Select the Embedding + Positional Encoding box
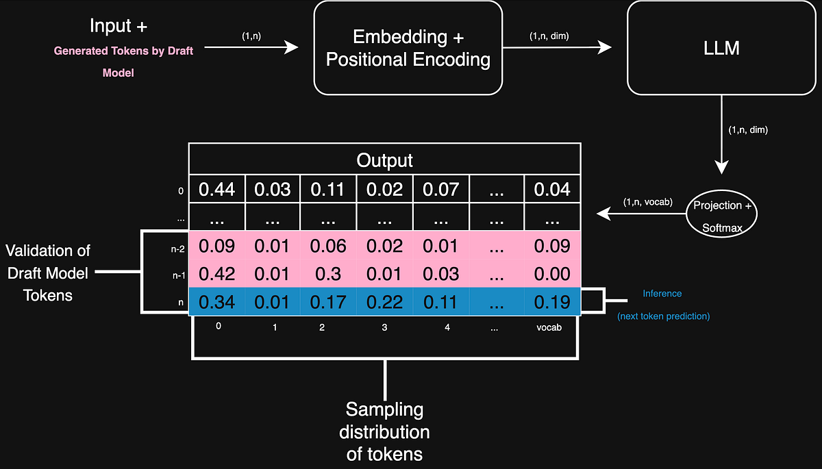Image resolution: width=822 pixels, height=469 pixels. [x=408, y=48]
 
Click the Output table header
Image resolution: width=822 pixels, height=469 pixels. [x=385, y=160]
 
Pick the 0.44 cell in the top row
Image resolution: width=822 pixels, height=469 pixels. [x=217, y=190]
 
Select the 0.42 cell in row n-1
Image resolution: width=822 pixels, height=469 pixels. [x=217, y=274]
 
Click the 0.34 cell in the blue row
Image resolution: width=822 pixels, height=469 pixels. [x=217, y=301]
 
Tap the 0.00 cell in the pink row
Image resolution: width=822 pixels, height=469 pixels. [x=552, y=274]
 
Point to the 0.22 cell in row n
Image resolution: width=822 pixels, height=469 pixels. [x=384, y=301]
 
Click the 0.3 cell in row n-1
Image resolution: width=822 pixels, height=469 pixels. [x=327, y=274]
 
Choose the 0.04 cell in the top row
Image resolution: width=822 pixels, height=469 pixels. [x=552, y=190]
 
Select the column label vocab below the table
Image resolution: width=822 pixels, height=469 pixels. [x=549, y=327]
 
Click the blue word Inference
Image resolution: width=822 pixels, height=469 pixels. [x=662, y=293]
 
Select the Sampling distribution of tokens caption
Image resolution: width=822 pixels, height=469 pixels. [x=387, y=431]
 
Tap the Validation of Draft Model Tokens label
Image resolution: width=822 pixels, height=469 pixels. [x=49, y=273]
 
